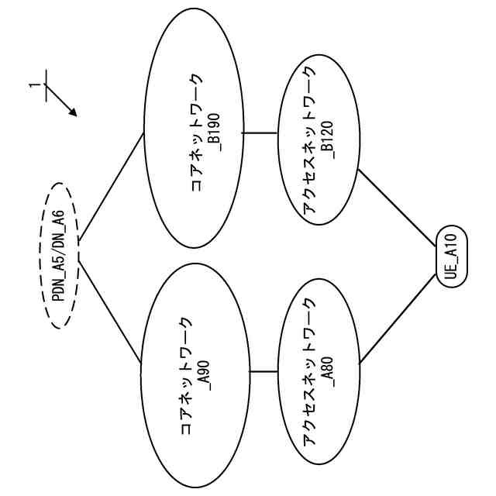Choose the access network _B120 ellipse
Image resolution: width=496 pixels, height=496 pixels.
click(318, 143)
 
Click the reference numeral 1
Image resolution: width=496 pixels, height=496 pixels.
click(32, 84)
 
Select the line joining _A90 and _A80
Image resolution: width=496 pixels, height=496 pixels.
click(263, 372)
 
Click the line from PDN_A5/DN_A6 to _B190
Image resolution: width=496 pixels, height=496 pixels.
click(111, 186)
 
